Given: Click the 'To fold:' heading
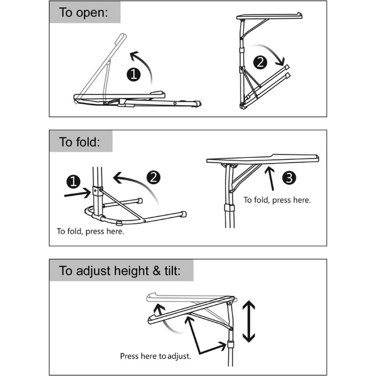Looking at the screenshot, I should click(80, 142).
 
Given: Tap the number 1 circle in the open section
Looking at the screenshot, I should click(133, 75).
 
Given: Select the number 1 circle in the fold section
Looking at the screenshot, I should click(74, 182).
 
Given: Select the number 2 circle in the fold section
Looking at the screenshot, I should click(153, 177).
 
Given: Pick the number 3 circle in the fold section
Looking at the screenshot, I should click(288, 178).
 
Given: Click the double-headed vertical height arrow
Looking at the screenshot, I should click(249, 321).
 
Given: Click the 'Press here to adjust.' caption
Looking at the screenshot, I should click(155, 356).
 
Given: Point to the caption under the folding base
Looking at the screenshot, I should click(90, 231).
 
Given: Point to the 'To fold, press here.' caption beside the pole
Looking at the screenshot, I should click(277, 200).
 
